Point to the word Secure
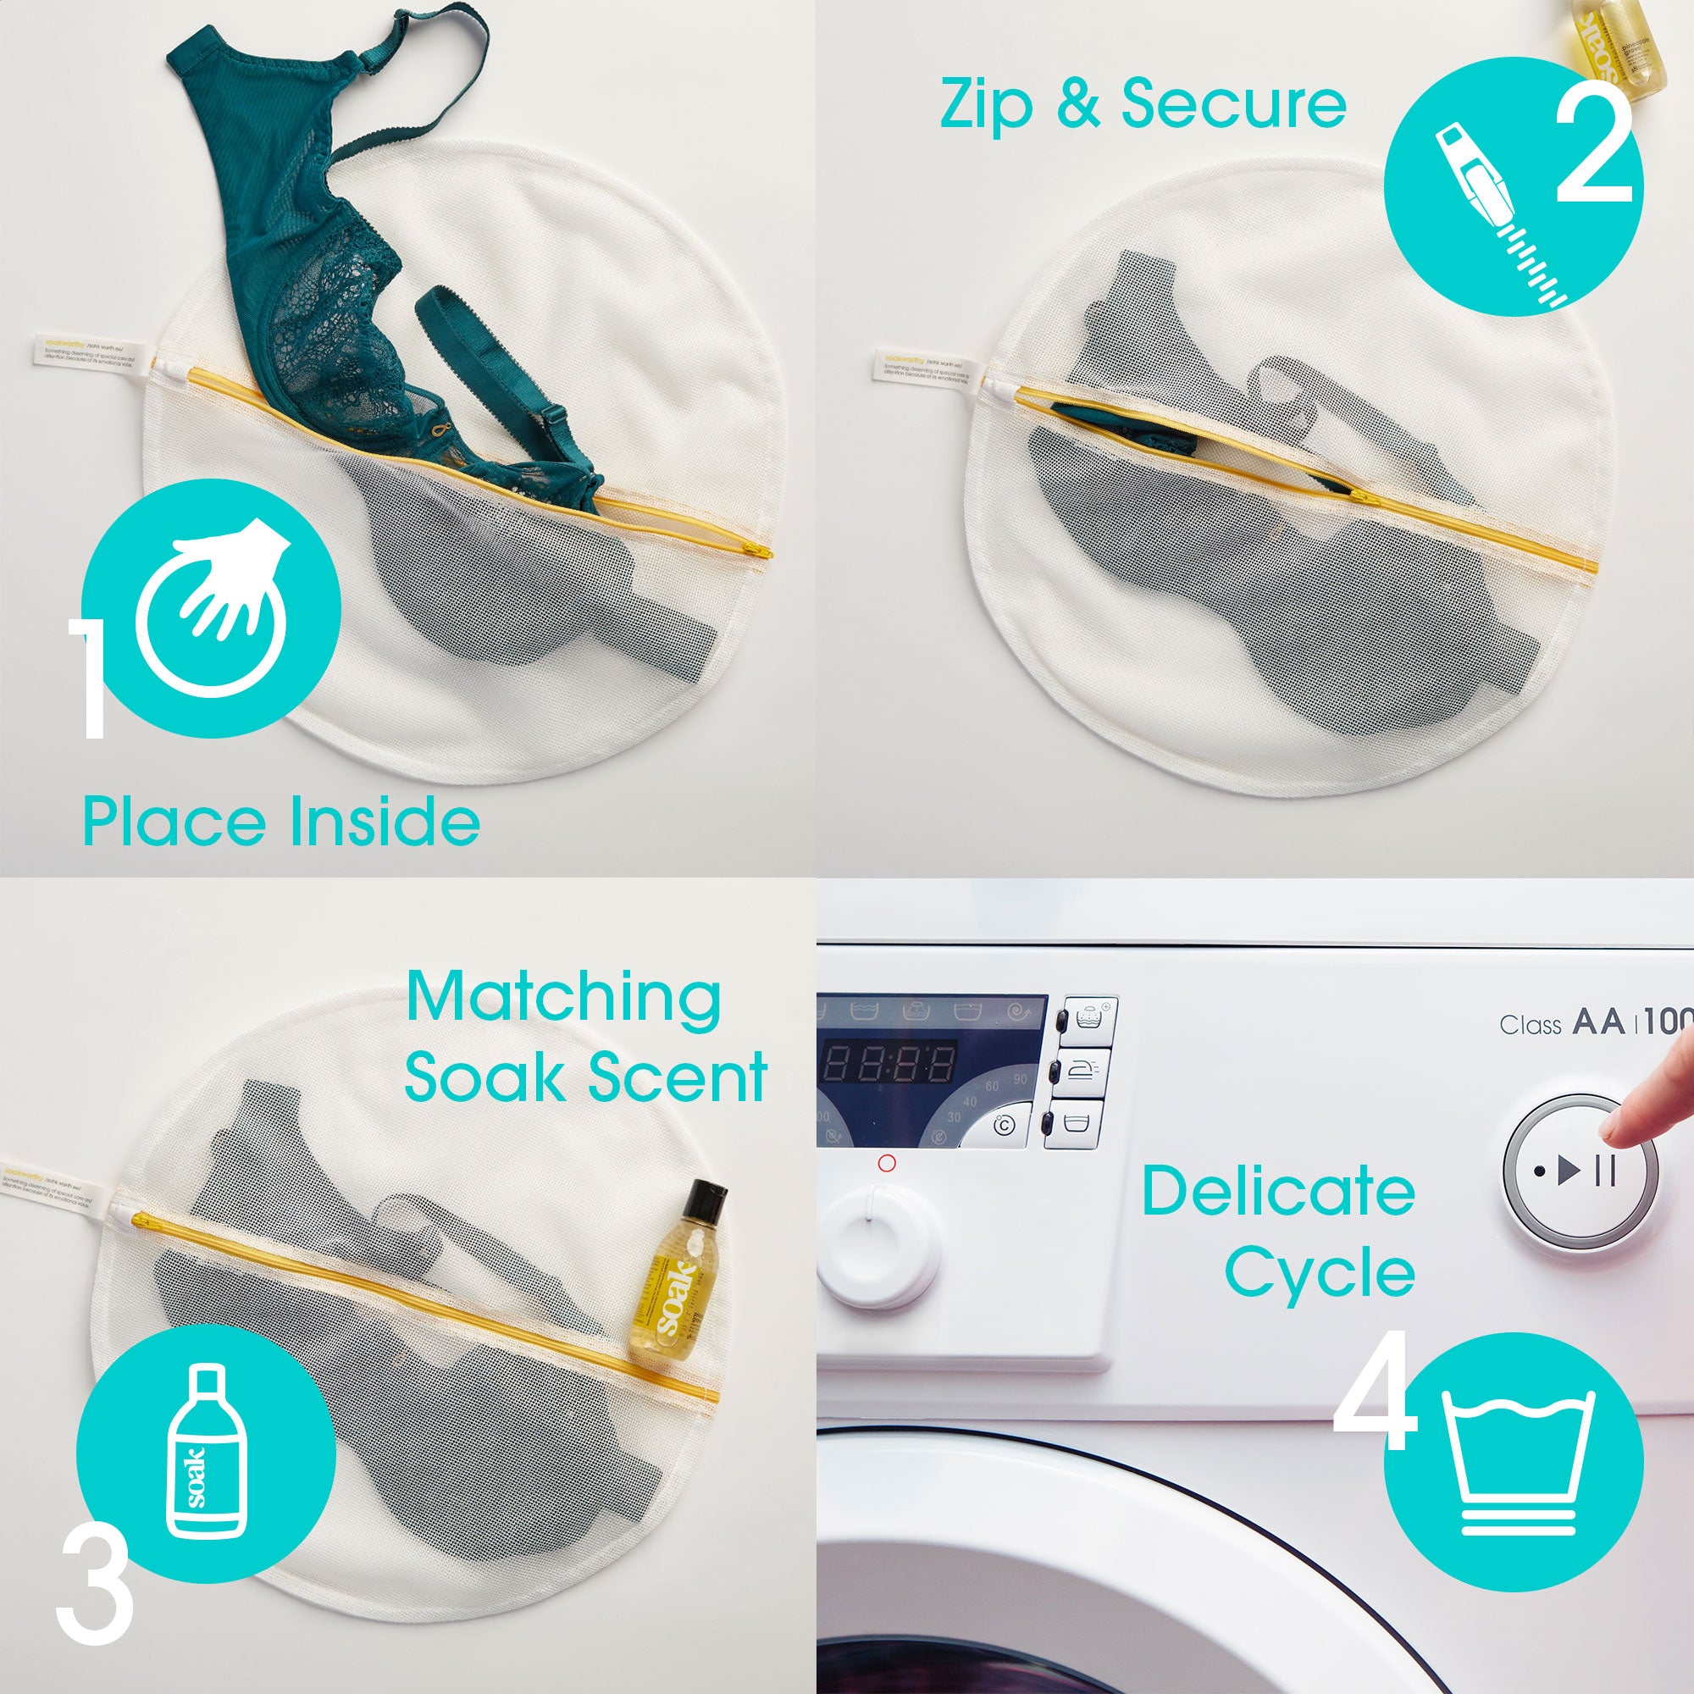[1234, 105]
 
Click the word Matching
[563, 1000]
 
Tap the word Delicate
[1278, 1192]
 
